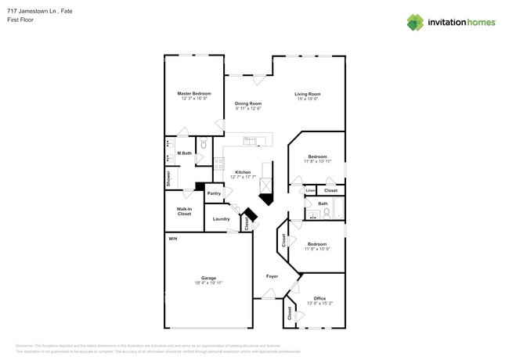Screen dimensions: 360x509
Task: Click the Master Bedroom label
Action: [194, 93]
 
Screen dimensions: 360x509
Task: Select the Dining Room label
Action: [248, 103]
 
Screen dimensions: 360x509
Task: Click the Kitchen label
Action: [243, 171]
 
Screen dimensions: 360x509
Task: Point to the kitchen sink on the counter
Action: [251, 142]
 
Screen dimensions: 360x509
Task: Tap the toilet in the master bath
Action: [203, 145]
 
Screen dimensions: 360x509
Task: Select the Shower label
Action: [168, 178]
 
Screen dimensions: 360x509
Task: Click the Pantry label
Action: [213, 193]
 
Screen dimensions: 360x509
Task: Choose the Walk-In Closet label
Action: [184, 211]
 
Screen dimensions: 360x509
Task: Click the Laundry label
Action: [221, 218]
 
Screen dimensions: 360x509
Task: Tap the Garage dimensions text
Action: [208, 283]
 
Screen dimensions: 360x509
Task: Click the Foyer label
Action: [272, 276]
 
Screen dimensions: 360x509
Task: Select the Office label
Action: [319, 298]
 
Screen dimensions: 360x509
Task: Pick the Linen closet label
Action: [310, 190]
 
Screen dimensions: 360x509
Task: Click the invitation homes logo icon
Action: [414, 22]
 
